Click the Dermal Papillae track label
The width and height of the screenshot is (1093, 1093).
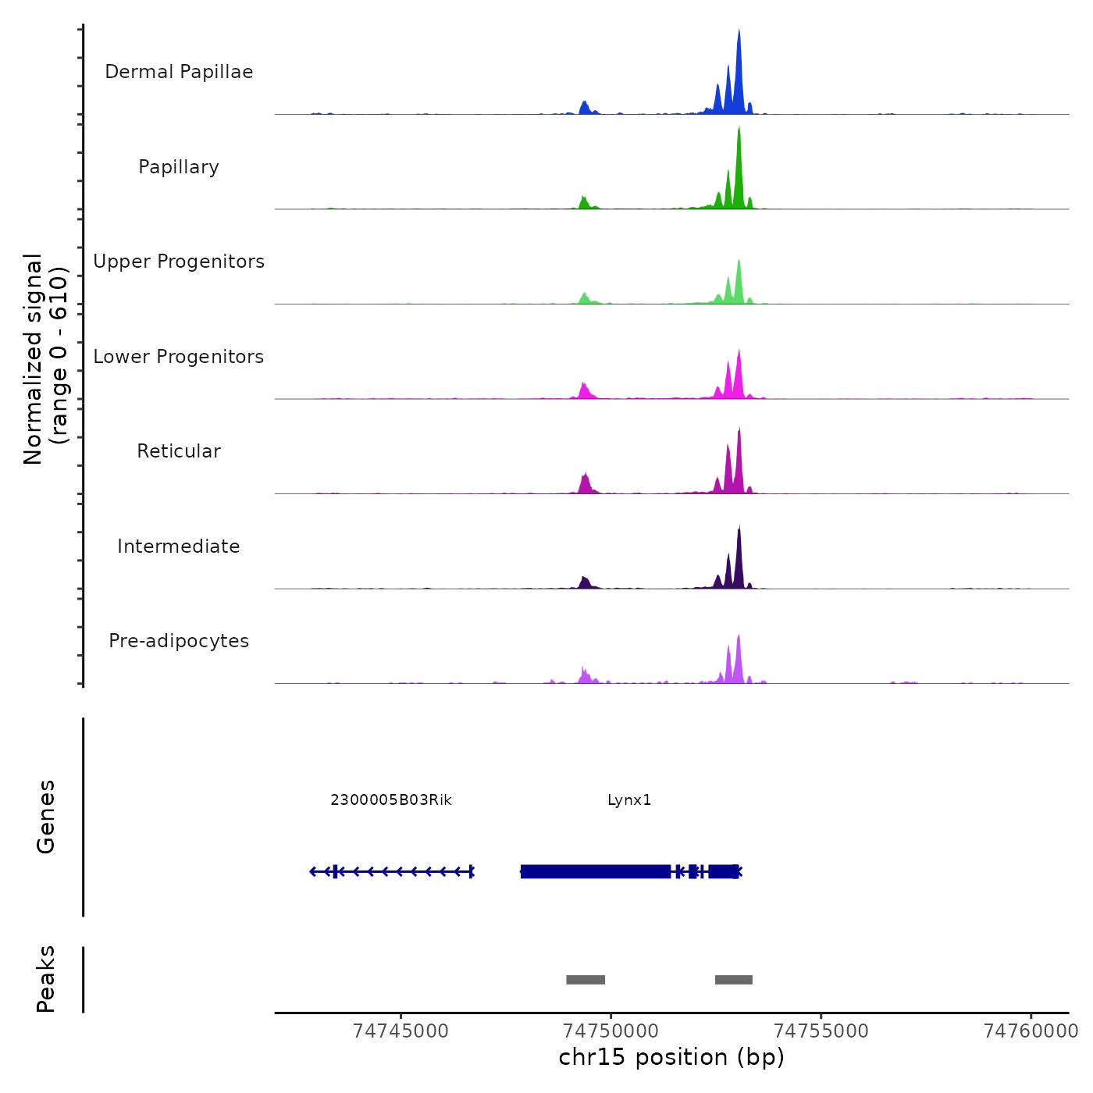tap(179, 72)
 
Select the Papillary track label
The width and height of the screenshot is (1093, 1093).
tap(179, 167)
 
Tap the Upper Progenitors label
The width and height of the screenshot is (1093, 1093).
tap(179, 262)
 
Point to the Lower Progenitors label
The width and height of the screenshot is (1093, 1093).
tap(179, 357)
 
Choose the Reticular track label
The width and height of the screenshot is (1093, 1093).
tap(179, 451)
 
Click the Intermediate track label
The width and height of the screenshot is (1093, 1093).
tap(179, 546)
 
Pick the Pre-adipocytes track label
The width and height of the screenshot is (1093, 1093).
tap(179, 641)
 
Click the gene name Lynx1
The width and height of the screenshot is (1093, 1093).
tap(629, 800)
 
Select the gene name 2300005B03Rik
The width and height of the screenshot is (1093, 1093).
tap(391, 800)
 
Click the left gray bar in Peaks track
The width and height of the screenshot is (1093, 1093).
tap(586, 980)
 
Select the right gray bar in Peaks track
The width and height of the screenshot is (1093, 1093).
tap(734, 980)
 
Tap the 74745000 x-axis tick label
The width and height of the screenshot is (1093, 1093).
tap(401, 1031)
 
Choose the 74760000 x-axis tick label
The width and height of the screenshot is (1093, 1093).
tap(1031, 1031)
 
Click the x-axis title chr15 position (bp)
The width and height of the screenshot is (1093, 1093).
tap(671, 1057)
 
